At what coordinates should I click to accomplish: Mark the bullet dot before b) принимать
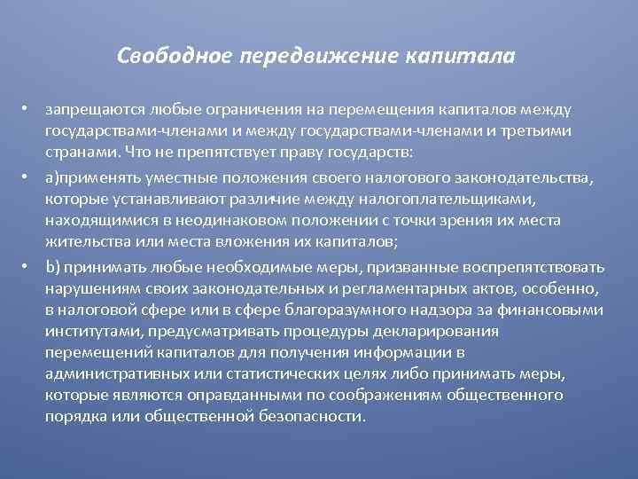28,266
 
